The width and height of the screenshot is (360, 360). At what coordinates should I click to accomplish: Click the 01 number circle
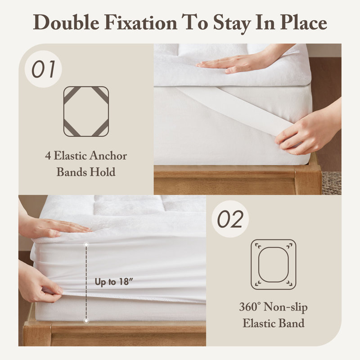click(x=43, y=69)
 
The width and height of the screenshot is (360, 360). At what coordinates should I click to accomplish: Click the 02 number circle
click(x=230, y=219)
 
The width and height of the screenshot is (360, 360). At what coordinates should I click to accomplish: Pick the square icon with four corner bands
click(x=86, y=112)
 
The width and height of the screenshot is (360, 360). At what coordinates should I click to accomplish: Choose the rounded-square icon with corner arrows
click(x=274, y=265)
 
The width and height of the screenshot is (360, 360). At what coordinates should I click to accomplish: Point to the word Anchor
click(x=108, y=156)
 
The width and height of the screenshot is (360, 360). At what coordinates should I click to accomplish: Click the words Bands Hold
click(x=86, y=172)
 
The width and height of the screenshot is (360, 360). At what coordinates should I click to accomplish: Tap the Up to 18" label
click(x=114, y=282)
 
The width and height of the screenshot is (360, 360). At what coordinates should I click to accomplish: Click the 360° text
click(x=250, y=306)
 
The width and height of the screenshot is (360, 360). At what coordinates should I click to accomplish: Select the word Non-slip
click(x=286, y=307)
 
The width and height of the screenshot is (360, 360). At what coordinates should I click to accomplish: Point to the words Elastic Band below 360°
click(x=274, y=323)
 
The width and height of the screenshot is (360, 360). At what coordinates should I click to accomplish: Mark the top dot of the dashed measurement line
click(x=86, y=245)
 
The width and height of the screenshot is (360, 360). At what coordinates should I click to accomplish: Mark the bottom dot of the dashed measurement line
click(x=86, y=321)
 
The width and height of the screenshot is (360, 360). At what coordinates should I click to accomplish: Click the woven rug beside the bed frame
click(x=332, y=183)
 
